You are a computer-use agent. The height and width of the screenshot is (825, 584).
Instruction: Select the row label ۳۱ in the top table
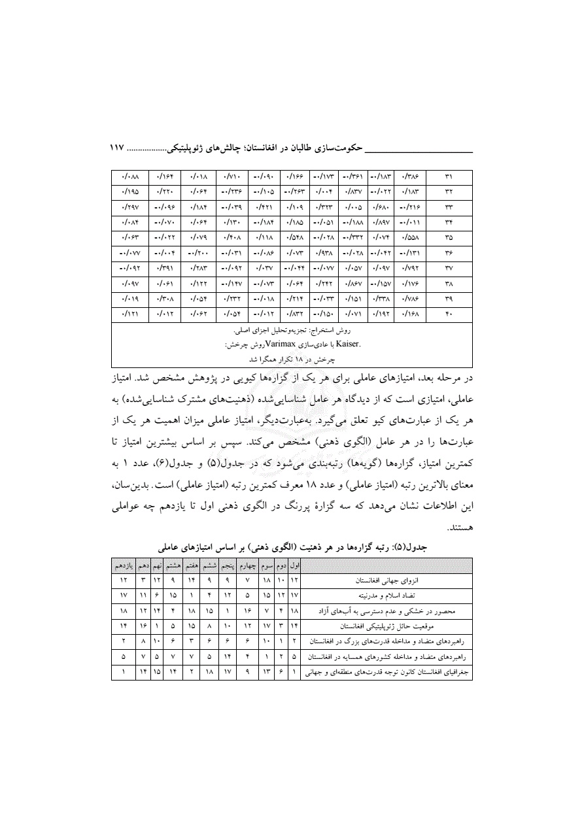pos(449,177)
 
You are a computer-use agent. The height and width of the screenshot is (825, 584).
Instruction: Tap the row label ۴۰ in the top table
pos(449,314)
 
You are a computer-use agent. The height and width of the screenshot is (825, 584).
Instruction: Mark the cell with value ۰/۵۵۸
pos(412,238)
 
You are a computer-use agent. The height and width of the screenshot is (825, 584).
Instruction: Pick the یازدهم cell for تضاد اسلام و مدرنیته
pos(124,595)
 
